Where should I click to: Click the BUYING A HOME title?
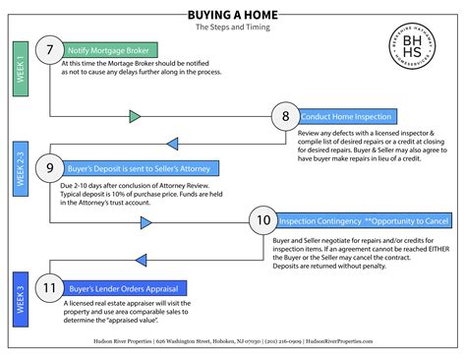click(x=232, y=16)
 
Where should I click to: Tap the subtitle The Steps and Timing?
click(x=232, y=30)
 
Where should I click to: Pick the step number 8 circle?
click(x=286, y=116)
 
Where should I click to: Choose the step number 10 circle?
click(x=263, y=221)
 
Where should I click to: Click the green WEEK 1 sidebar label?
click(x=20, y=68)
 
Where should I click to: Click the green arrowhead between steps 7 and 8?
click(x=136, y=116)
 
